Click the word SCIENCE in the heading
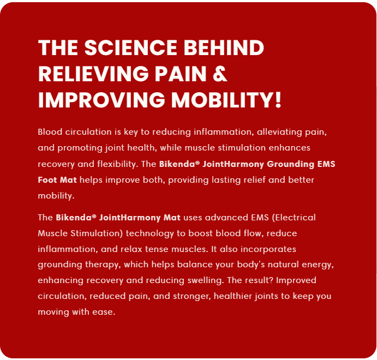coord(131,47)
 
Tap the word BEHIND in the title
coord(224,47)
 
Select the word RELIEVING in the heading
coord(93,74)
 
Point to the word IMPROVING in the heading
coord(101,100)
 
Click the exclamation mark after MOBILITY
coord(278,100)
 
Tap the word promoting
coord(80,148)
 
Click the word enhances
coord(290,148)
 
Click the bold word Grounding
coord(290,164)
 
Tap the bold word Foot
coord(47,180)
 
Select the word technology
coord(150,233)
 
